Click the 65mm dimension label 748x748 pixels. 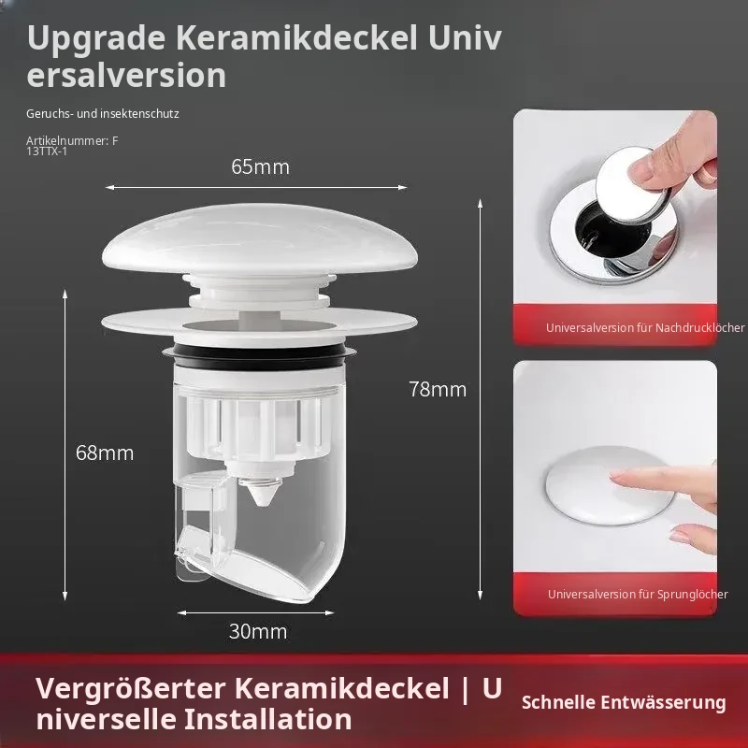[x=261, y=167]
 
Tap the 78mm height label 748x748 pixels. [x=438, y=389]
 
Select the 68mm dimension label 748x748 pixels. [x=105, y=453]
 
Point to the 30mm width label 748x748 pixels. [x=258, y=632]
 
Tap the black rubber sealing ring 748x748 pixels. [x=260, y=353]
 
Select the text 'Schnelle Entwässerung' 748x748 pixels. [x=624, y=702]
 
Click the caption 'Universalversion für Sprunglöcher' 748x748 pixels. [x=638, y=595]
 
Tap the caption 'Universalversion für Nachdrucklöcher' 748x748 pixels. [x=645, y=328]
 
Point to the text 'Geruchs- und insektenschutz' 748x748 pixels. [x=103, y=113]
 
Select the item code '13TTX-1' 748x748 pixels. [x=47, y=151]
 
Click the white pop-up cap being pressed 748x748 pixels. [x=611, y=485]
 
